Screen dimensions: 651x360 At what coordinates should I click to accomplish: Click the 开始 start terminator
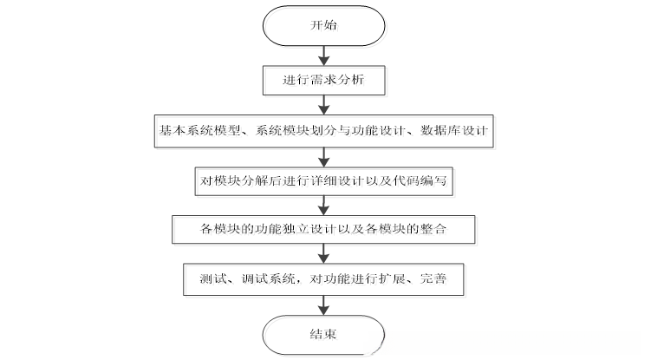322,27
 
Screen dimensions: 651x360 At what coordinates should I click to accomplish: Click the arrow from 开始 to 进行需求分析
322,55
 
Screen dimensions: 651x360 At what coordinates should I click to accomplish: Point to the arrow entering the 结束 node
323,303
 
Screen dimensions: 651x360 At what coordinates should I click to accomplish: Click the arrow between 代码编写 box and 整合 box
323,205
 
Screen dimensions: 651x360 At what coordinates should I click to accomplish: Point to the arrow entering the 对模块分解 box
323,155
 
